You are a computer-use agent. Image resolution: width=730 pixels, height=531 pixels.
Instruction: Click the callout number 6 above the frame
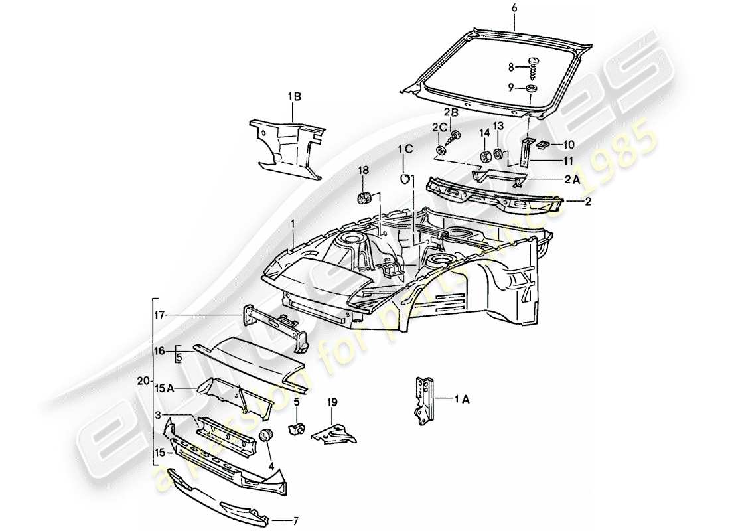[x=514, y=7]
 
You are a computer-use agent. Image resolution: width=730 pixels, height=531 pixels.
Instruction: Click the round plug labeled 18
[x=364, y=197]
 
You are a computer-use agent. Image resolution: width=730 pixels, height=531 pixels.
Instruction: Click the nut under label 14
[x=485, y=157]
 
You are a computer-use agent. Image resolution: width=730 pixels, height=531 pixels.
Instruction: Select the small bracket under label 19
[x=335, y=433]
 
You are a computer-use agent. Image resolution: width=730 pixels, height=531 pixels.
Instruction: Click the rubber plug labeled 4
[x=269, y=436]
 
